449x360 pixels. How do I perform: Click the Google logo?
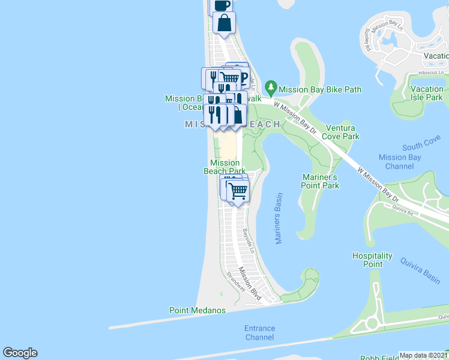(x=20, y=353)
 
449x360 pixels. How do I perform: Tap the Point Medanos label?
(x=197, y=310)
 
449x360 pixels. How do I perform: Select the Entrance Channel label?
(x=259, y=332)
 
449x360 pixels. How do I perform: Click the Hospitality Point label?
(x=373, y=260)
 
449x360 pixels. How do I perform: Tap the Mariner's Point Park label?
(x=320, y=181)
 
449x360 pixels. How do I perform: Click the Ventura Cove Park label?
(x=342, y=132)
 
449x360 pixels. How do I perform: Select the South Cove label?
(x=421, y=146)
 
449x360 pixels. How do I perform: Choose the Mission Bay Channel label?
(x=400, y=161)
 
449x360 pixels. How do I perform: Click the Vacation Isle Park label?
(x=427, y=93)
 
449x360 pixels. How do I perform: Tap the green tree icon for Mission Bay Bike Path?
(x=271, y=88)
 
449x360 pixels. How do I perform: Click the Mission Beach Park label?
(x=224, y=167)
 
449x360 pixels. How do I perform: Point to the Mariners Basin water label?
(x=279, y=218)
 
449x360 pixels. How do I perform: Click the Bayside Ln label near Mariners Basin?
(x=249, y=239)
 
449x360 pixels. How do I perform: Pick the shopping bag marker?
(x=224, y=24)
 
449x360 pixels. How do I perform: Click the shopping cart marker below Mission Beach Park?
(x=238, y=191)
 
